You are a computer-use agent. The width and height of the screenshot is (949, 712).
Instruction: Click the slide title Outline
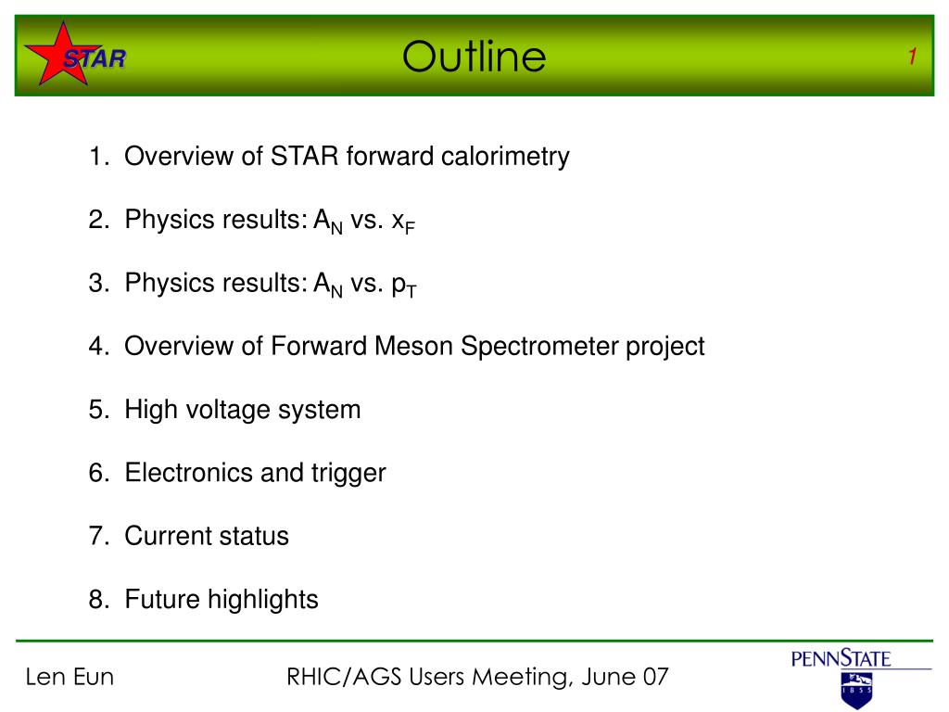click(474, 57)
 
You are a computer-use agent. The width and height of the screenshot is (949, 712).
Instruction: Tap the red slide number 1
click(912, 57)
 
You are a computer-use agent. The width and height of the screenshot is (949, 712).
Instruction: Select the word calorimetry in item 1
click(505, 157)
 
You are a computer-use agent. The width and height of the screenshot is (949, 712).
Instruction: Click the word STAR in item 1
click(304, 156)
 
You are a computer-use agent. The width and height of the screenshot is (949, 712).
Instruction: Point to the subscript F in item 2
click(410, 228)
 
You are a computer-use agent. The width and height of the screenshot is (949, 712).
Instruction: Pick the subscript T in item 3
click(411, 292)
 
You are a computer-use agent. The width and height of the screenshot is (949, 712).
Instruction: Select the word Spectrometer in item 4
click(539, 347)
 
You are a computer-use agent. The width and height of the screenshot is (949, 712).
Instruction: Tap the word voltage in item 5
click(228, 411)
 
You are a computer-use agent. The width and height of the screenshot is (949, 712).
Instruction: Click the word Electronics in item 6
click(188, 473)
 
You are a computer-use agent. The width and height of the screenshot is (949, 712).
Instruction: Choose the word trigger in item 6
click(348, 474)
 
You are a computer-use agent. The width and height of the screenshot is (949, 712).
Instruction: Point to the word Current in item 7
click(167, 536)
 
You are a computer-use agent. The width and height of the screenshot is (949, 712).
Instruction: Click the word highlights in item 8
click(262, 600)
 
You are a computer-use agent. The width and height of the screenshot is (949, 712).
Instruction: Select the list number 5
click(97, 410)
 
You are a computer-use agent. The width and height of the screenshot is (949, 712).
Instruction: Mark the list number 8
click(97, 600)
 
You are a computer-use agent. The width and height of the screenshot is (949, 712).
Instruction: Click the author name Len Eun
click(70, 677)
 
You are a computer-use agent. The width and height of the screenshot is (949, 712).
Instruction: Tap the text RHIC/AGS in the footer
click(344, 677)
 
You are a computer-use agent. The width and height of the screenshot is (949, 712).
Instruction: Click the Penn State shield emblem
click(857, 690)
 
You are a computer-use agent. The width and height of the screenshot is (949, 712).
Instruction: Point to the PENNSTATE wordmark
click(841, 658)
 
